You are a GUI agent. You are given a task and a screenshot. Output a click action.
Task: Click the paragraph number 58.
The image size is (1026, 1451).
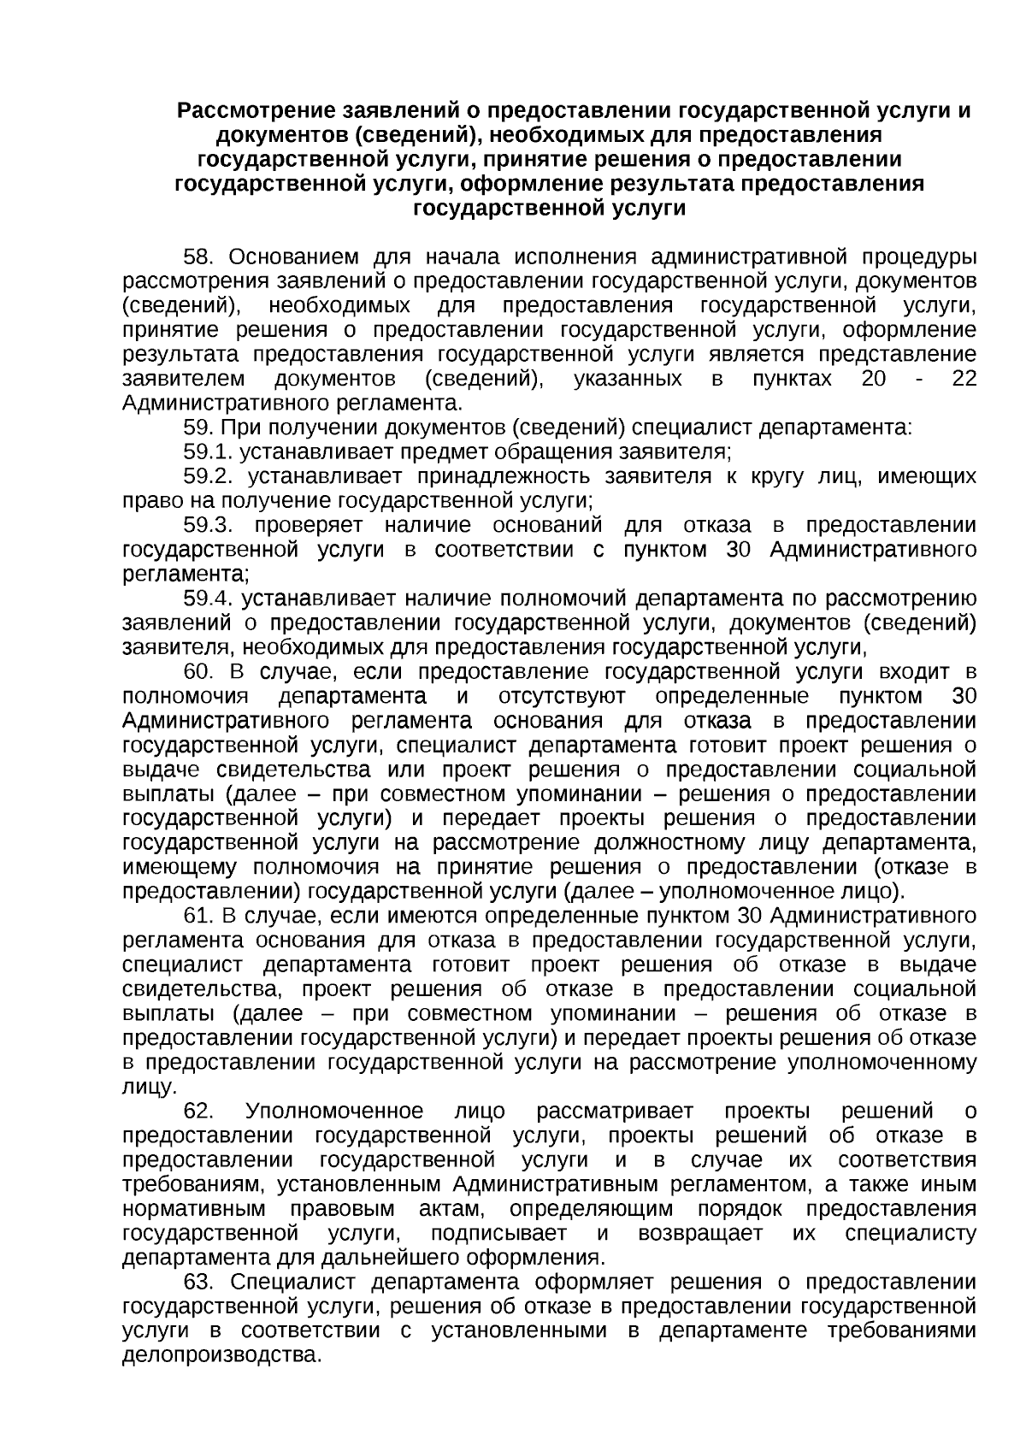[202, 257]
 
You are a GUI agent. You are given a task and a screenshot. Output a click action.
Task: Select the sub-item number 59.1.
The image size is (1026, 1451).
[209, 451]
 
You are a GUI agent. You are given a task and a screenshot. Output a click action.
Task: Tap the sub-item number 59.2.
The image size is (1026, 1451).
[209, 475]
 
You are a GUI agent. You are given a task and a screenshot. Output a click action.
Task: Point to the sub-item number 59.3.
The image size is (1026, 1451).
[209, 524]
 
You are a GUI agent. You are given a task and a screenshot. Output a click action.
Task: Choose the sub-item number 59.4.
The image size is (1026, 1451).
[209, 599]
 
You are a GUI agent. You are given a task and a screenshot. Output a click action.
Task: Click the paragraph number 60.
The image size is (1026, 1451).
[202, 671]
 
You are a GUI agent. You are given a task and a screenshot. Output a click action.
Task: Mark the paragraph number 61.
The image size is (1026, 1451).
[198, 916]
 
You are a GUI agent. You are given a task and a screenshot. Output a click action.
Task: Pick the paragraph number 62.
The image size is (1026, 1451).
[198, 1111]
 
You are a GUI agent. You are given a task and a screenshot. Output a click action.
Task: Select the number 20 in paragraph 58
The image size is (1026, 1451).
[874, 379]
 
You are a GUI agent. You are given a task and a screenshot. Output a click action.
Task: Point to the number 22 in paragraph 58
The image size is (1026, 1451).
[964, 379]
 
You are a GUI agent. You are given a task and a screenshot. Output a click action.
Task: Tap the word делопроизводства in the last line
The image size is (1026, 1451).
[221, 1355]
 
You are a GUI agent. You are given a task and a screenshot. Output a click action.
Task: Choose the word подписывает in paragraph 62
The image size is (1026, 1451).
[498, 1233]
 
